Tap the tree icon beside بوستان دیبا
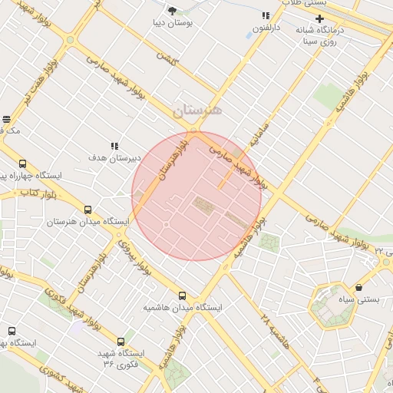click(171, 11)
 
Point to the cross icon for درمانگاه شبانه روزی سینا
click(319, 18)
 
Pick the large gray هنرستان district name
click(197, 111)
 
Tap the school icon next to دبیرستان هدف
click(114, 146)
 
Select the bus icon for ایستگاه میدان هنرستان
click(87, 210)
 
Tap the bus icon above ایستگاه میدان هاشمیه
click(182, 296)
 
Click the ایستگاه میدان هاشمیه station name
click(182, 308)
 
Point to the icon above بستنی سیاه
click(359, 287)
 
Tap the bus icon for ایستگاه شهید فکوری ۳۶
click(121, 342)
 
